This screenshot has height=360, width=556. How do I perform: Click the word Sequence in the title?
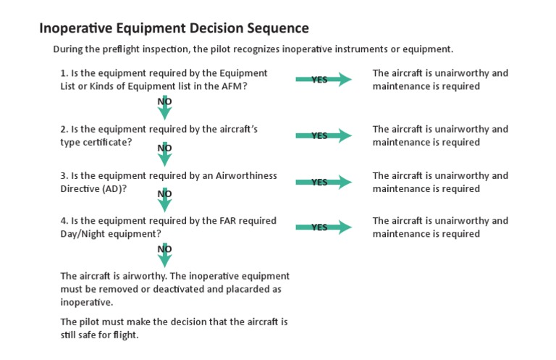pos(278,29)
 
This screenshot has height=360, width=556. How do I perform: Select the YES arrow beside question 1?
pos(323,80)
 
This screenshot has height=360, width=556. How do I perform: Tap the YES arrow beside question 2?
pos(323,135)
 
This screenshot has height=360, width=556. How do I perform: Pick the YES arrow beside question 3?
pos(323,182)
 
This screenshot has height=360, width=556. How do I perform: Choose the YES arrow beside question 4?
pos(323,227)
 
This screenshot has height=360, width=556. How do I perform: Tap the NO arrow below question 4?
pos(165,253)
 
